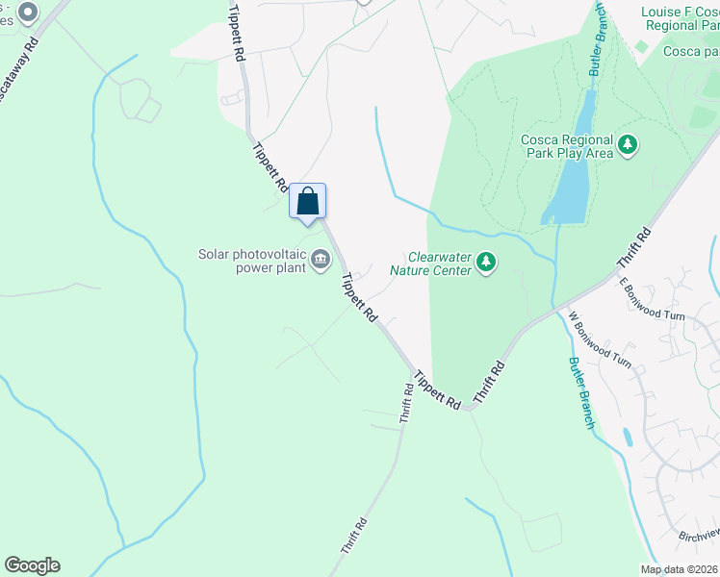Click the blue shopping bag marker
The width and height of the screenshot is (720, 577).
click(308, 201)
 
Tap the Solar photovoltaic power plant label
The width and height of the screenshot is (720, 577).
click(251, 261)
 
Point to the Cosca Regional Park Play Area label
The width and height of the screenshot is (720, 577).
click(567, 145)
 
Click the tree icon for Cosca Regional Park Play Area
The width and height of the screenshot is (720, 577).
click(629, 145)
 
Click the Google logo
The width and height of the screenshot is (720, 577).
click(32, 565)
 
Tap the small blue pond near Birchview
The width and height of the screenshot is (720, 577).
click(628, 438)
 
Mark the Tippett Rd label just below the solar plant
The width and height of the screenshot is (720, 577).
click(358, 298)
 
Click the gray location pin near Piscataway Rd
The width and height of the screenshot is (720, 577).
click(28, 13)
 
